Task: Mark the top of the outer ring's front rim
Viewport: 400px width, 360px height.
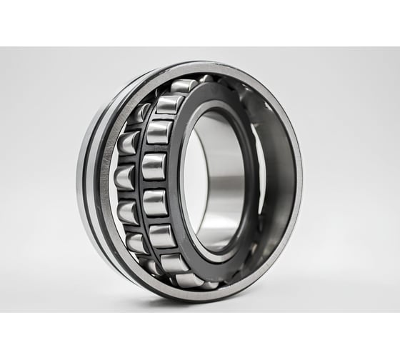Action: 214,66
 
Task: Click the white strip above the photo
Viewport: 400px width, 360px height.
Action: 200,21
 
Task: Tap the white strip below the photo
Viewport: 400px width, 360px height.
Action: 200,336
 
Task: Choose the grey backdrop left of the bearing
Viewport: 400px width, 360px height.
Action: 36,179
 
